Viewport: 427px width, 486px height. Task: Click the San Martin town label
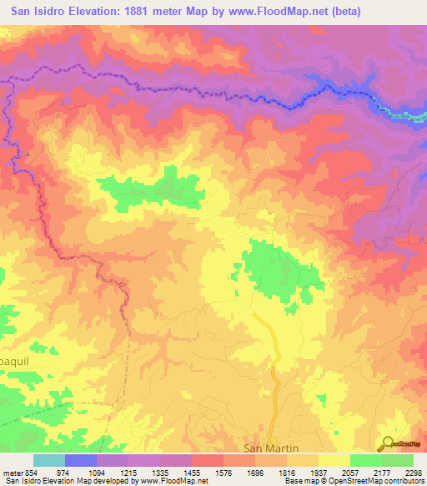click(270, 448)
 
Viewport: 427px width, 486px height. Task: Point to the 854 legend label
click(27, 472)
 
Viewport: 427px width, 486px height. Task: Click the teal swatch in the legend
click(49, 460)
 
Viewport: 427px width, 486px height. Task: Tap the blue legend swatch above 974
click(81, 460)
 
